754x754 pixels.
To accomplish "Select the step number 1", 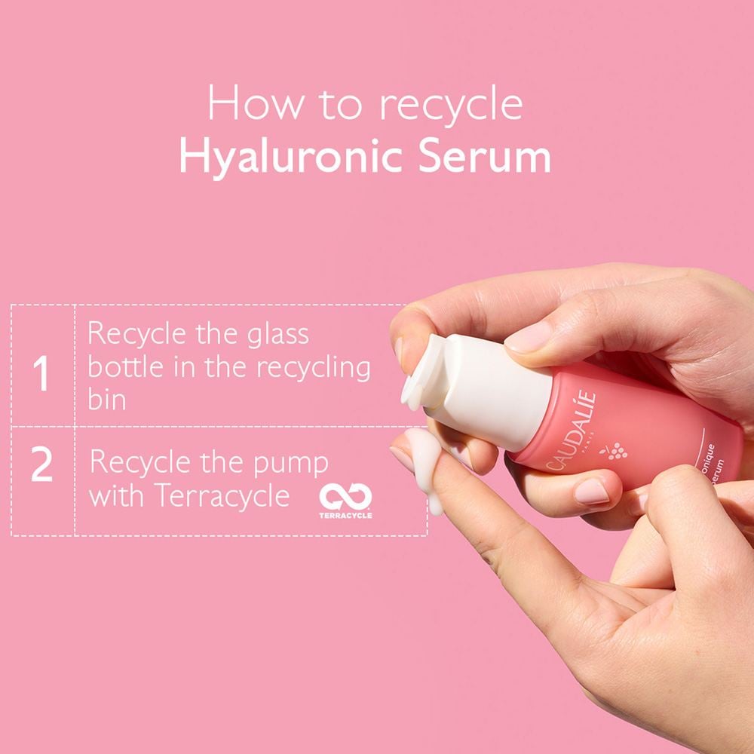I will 42,374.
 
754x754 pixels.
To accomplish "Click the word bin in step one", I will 107,400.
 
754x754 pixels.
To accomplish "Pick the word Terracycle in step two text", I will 223,496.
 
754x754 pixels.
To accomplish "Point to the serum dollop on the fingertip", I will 425,460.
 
